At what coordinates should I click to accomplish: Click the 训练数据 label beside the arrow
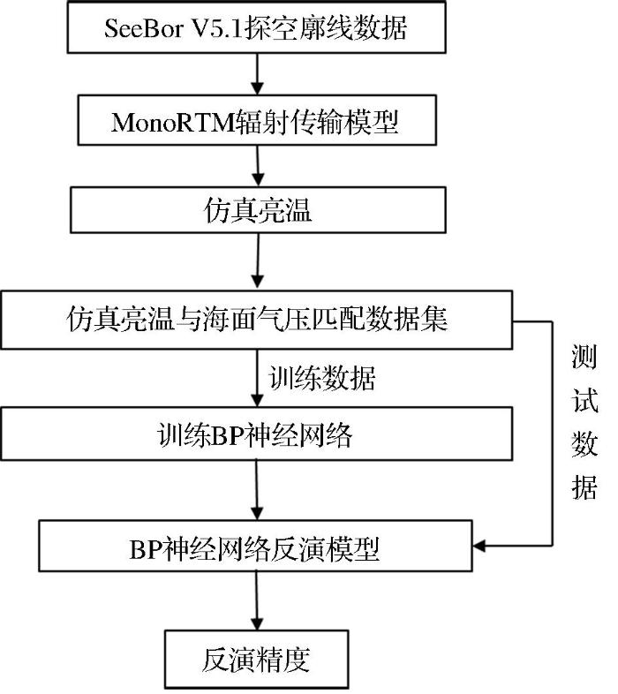click(x=322, y=379)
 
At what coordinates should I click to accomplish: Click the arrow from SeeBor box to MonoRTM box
click(x=257, y=74)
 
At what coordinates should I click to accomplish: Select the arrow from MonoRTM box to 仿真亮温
click(x=258, y=166)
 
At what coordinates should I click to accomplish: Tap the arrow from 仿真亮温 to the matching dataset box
click(x=258, y=261)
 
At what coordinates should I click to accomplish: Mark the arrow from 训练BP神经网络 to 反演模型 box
click(x=257, y=490)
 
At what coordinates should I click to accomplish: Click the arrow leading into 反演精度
click(x=257, y=600)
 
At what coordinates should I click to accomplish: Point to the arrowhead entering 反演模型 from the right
click(x=479, y=546)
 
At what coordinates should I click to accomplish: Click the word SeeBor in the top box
click(x=143, y=28)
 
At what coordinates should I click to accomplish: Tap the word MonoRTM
click(x=173, y=122)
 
